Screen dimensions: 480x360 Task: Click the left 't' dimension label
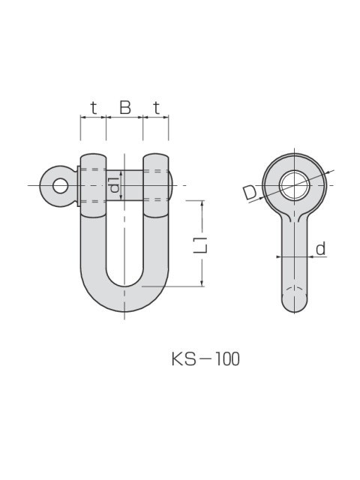(93, 108)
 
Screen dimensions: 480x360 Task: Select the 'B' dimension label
(125, 108)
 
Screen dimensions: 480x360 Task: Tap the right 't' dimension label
(156, 108)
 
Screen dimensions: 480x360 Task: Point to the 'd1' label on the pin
(114, 185)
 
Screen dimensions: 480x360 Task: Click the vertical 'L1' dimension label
(200, 244)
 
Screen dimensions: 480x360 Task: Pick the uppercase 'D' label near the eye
(250, 193)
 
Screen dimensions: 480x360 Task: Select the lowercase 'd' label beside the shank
(320, 248)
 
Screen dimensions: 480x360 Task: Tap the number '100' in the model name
(226, 359)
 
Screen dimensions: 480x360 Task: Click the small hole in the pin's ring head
(58, 185)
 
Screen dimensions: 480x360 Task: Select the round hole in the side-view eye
(294, 184)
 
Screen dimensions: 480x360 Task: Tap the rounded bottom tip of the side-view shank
(294, 303)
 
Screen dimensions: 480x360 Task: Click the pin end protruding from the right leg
(172, 185)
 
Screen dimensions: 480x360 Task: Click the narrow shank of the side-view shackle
(294, 255)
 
